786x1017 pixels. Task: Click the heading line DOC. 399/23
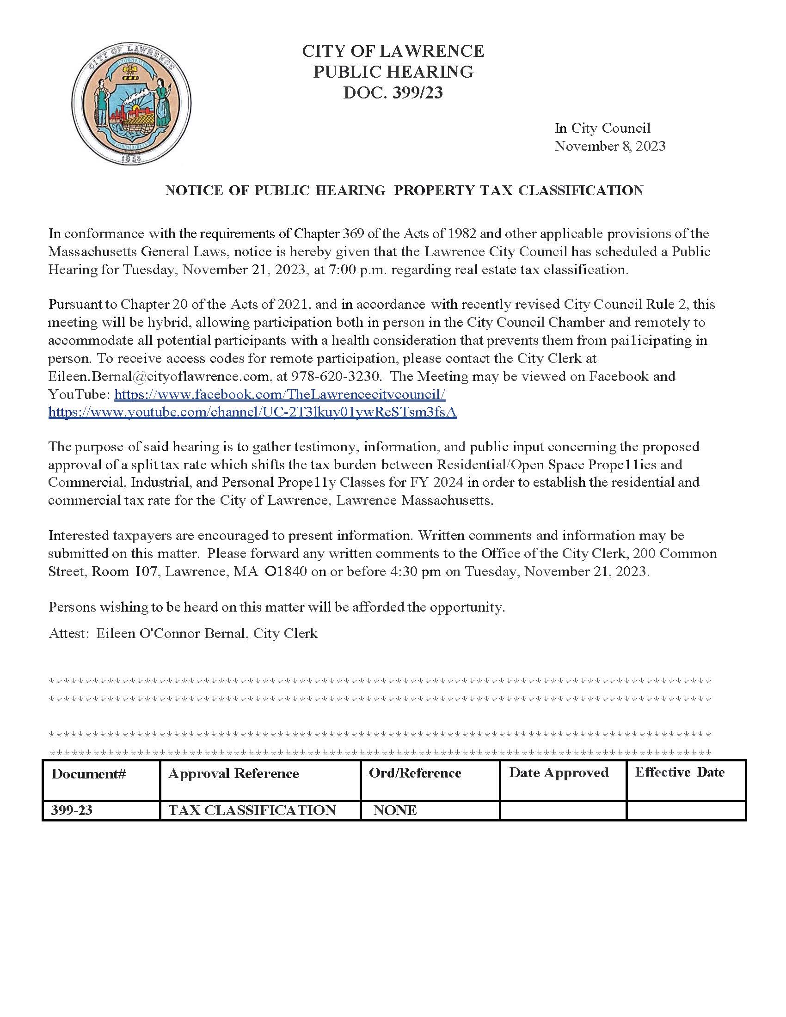(393, 92)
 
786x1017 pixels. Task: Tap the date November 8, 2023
(609, 146)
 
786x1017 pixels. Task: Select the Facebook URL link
(279, 394)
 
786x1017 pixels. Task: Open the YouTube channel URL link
(252, 412)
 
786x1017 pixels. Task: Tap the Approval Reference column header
(233, 773)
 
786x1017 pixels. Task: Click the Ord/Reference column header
(414, 773)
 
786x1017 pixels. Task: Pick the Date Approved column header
(559, 772)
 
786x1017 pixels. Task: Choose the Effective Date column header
(679, 772)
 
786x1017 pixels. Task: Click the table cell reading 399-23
(72, 810)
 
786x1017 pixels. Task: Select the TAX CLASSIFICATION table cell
(252, 810)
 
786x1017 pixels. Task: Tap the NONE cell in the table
(395, 810)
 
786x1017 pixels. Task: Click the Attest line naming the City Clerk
(183, 633)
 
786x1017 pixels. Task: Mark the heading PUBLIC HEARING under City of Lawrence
(393, 72)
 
